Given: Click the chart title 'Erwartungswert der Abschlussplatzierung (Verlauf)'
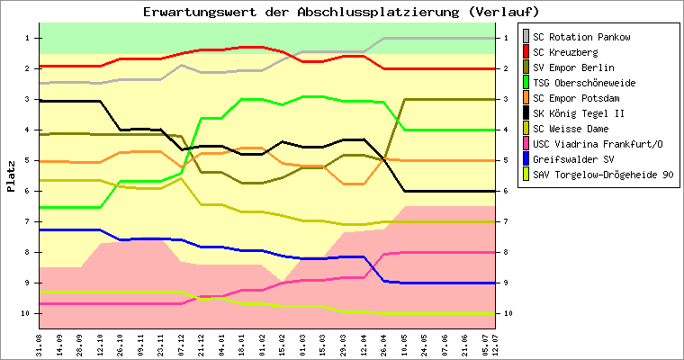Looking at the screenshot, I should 341,12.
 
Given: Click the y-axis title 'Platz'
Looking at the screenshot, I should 11,175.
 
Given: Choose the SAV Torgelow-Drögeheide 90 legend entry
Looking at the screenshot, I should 602,175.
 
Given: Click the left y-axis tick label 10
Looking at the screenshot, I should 28,313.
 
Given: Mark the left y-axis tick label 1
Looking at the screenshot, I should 30,37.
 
